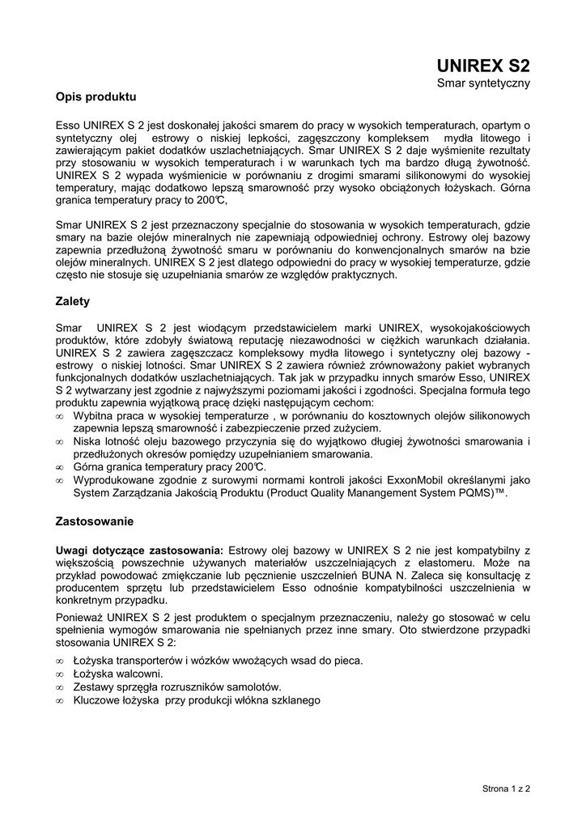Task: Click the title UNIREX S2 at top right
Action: click(x=483, y=65)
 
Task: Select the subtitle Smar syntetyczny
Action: click(x=483, y=83)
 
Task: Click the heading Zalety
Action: click(x=73, y=301)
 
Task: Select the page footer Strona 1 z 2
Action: click(x=505, y=787)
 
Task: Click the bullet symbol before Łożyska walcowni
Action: click(x=60, y=674)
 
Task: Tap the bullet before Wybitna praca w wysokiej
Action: click(x=60, y=416)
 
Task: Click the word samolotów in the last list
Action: click(x=255, y=687)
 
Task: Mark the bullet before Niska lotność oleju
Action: click(x=60, y=442)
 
